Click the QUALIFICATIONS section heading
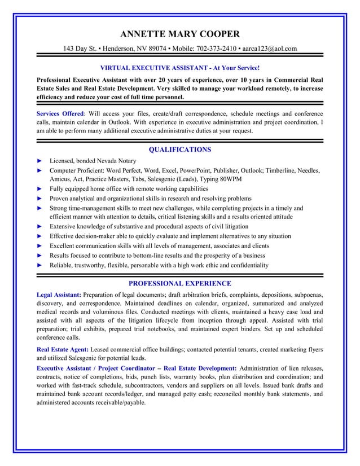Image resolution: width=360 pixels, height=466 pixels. (179, 150)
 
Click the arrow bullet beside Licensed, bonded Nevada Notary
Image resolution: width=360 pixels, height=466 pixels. (39, 161)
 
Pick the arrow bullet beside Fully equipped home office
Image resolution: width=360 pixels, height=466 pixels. (39, 188)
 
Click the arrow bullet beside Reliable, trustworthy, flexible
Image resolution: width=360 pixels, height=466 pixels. (39, 265)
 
